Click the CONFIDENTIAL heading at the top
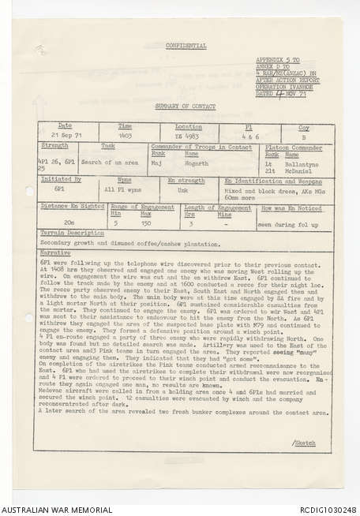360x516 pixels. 186,46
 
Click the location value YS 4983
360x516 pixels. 187,136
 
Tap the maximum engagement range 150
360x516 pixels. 145,223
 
